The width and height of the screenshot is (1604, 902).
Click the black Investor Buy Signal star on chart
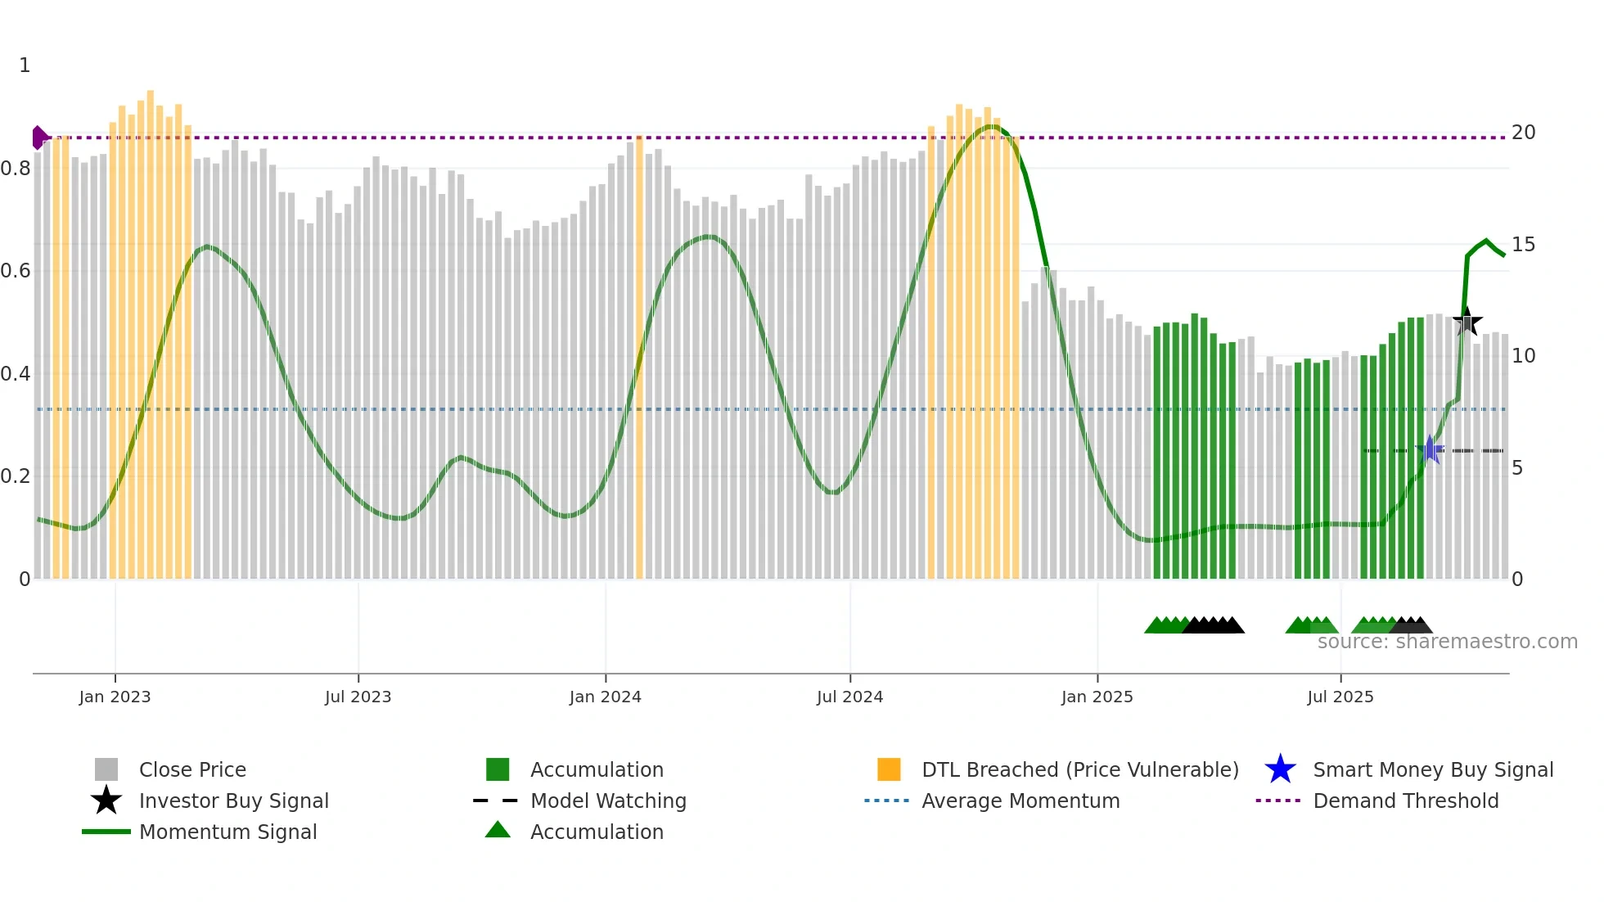coord(1467,322)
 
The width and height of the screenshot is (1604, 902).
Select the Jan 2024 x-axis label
coord(605,697)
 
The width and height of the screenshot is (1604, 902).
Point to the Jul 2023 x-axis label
coord(358,697)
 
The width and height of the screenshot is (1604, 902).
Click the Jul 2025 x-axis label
coord(1340,697)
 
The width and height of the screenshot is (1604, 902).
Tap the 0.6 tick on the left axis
coord(16,271)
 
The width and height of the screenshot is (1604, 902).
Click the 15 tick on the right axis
coord(1523,245)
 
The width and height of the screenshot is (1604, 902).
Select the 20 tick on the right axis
coord(1523,133)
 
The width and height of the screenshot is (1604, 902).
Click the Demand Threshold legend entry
coord(1405,801)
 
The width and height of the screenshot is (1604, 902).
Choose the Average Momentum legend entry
coord(1020,801)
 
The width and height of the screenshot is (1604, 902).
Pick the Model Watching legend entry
coord(607,801)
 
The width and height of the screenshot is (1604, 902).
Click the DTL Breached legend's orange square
coord(889,769)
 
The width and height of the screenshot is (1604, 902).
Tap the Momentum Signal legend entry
coord(228,832)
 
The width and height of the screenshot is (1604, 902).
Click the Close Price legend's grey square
coord(106,769)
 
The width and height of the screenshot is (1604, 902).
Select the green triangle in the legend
coord(498,830)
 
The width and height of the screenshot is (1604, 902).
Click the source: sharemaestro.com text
coord(1447,642)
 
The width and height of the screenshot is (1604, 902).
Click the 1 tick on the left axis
coord(25,65)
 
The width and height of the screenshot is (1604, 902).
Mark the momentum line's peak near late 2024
coord(992,126)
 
